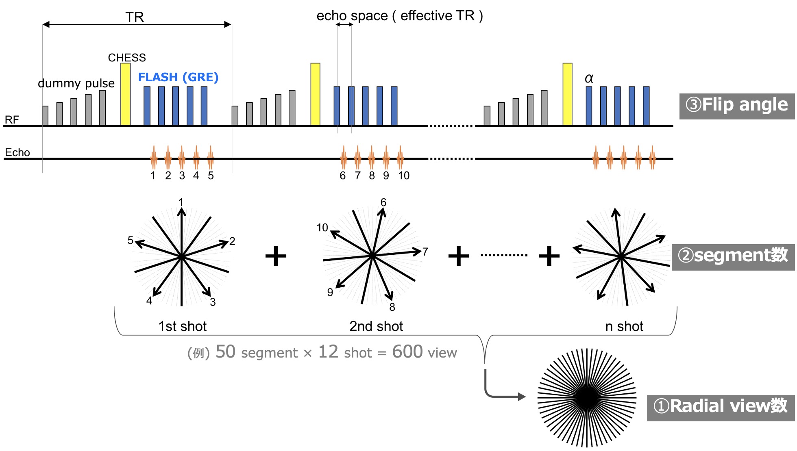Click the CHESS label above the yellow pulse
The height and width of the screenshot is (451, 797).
[x=127, y=58]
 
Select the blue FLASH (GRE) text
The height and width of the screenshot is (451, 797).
[x=178, y=77]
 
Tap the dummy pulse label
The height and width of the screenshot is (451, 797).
[x=76, y=83]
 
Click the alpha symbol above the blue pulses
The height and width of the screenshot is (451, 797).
[x=589, y=78]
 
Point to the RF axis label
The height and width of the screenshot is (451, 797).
[x=12, y=120]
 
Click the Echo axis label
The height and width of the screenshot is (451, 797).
[x=17, y=152]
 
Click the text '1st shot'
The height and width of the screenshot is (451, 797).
[x=183, y=326]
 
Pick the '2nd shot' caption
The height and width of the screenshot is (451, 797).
[x=376, y=326]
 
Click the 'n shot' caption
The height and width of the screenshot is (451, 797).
[x=624, y=326]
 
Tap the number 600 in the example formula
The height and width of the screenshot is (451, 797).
[x=407, y=352]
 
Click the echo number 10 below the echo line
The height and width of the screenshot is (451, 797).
[x=403, y=176]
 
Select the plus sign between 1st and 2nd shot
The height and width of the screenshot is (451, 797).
[x=276, y=256]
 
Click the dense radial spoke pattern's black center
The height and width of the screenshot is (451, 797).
[x=587, y=397]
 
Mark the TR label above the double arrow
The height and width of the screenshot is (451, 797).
[x=135, y=17]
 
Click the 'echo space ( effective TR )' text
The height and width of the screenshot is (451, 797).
[x=400, y=16]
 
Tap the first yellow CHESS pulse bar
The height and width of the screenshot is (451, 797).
[x=126, y=94]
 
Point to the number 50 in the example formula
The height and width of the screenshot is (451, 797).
[x=225, y=352]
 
